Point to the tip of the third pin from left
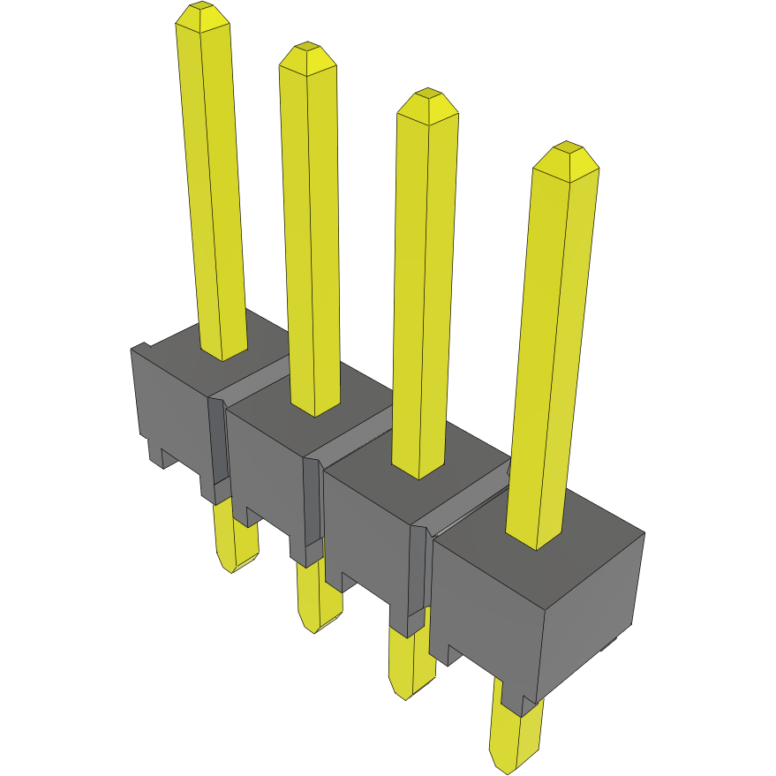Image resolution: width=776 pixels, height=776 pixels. [x=427, y=102]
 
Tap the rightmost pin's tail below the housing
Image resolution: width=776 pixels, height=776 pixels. [x=516, y=733]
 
